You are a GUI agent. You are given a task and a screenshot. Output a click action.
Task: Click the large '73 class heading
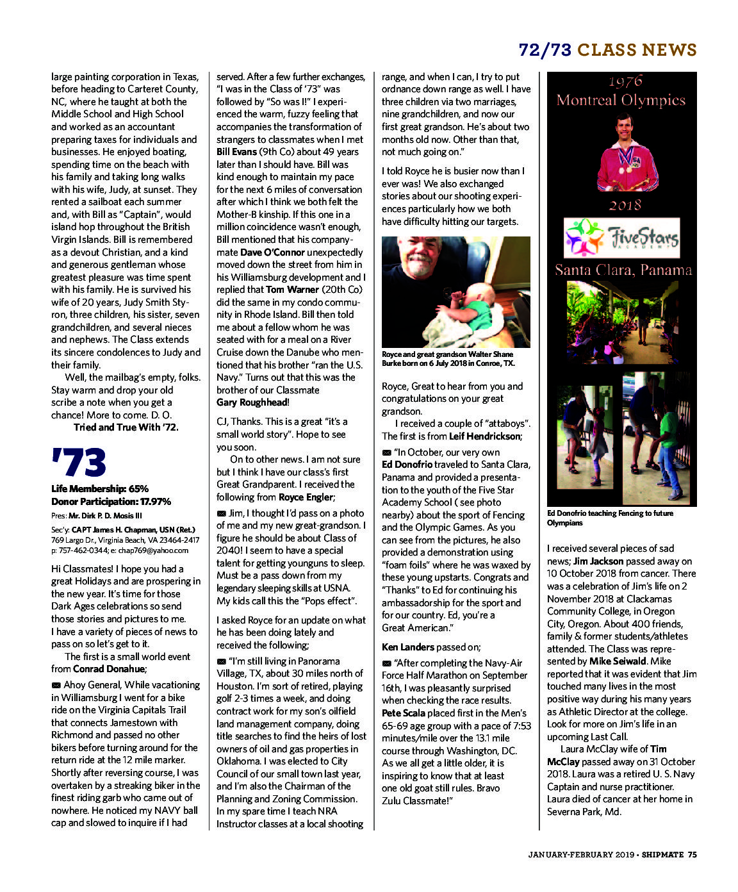tap(78, 463)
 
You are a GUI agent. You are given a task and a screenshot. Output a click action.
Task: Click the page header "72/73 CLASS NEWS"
tap(607, 50)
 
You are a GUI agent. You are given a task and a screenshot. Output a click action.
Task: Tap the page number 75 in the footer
tap(692, 854)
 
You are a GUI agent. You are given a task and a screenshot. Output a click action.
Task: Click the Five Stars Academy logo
tap(621, 238)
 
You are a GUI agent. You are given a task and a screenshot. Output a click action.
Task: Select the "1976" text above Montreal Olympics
tap(625, 81)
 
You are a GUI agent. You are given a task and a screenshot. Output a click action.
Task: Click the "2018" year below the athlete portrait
tap(625, 205)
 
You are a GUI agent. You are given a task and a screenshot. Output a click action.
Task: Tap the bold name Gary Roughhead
tap(252, 402)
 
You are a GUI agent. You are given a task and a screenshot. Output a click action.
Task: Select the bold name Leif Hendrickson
tap(485, 436)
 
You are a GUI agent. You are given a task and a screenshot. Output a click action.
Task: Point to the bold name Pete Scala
tap(404, 713)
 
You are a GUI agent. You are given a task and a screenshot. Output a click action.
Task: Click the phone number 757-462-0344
tap(81, 550)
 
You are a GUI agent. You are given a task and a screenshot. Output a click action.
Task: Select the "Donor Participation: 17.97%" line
tap(111, 502)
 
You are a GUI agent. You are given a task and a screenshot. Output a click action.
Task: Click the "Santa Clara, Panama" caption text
tap(623, 270)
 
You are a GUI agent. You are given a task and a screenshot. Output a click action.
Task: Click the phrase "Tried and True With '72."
tap(126, 427)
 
